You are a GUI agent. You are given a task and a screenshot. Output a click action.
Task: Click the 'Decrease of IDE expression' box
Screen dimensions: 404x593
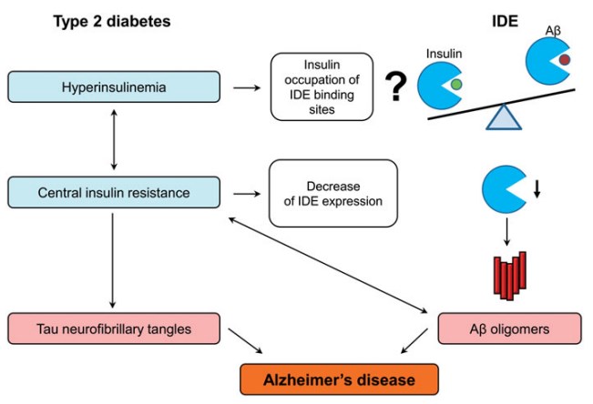click(333, 192)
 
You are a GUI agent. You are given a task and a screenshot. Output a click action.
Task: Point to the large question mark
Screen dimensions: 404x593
click(394, 88)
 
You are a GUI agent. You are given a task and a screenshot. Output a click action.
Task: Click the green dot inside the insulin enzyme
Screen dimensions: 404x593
click(455, 85)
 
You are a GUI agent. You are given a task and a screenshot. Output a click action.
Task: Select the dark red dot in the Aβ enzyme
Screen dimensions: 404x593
click(565, 60)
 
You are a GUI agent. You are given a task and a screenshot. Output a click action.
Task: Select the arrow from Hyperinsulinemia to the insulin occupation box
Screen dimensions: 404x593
click(244, 87)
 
